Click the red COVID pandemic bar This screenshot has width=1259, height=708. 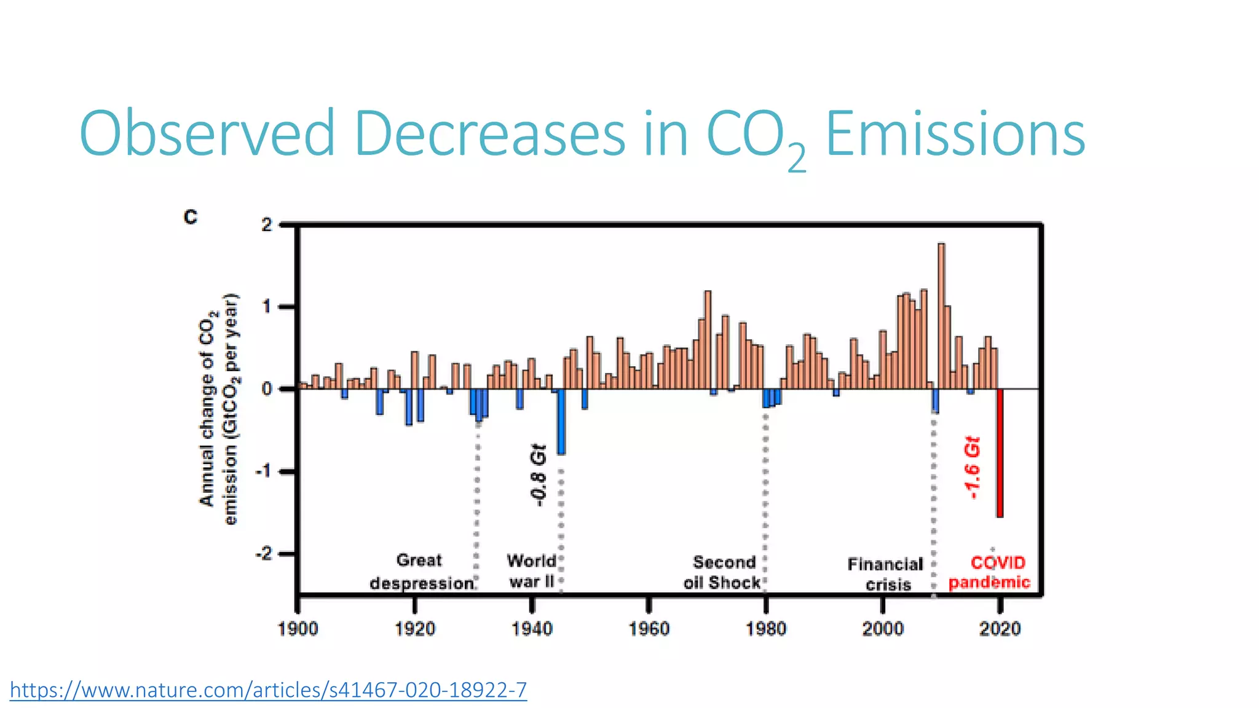1000,453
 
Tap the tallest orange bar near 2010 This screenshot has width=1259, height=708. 941,316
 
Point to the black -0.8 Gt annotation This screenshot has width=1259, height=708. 537,475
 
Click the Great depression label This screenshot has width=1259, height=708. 421,572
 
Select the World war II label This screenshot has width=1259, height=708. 532,571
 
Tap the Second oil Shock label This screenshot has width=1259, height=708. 723,572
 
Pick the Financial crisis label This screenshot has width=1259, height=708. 886,574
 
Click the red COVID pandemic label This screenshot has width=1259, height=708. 990,572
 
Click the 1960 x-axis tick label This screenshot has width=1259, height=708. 649,628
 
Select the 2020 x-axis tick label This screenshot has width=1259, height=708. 1000,628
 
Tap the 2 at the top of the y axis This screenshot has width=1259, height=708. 266,225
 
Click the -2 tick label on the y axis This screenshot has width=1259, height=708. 263,554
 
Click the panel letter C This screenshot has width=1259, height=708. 191,217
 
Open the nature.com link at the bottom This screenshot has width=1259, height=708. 268,690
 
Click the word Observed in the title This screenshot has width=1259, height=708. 207,133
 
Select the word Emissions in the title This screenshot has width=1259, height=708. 955,133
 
